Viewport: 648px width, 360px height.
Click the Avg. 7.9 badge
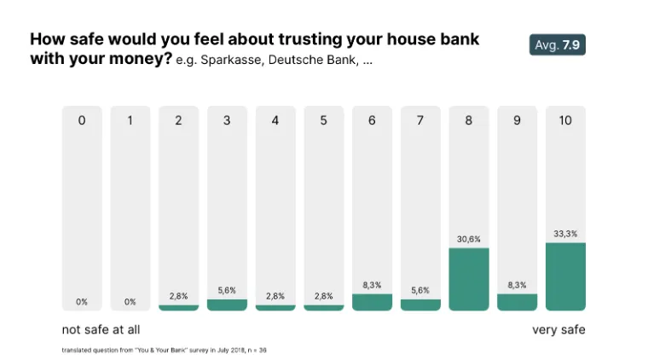[x=557, y=44]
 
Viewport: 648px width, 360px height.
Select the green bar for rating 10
[x=565, y=277]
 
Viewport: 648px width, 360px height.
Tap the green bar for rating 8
[x=469, y=280]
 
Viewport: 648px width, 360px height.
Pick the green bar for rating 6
[x=372, y=302]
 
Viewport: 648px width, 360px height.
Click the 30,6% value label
[x=469, y=239]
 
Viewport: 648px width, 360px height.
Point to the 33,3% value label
[x=565, y=234]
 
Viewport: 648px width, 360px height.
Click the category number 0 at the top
[x=82, y=120]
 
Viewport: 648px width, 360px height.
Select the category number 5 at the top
[x=324, y=120]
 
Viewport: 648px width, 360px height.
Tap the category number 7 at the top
[x=420, y=120]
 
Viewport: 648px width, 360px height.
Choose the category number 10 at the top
[x=565, y=120]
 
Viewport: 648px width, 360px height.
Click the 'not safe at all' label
[x=101, y=329]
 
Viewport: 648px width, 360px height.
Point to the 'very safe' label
[x=558, y=329]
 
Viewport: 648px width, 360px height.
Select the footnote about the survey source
[x=165, y=350]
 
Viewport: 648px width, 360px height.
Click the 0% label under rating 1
[x=130, y=301]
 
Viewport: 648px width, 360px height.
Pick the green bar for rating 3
[x=227, y=305]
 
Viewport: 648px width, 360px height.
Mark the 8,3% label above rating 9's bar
[x=518, y=285]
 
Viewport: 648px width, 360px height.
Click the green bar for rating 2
[x=178, y=307]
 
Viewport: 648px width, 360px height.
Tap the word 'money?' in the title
[x=143, y=59]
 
